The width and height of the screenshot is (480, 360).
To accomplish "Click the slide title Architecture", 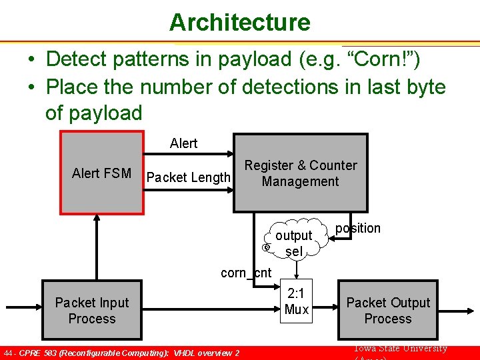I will coord(239,22).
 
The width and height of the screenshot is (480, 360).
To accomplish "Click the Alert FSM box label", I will coord(101,173).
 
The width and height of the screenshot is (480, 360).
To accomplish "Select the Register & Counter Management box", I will coord(300,173).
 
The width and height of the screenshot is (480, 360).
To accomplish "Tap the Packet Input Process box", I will coord(92,311).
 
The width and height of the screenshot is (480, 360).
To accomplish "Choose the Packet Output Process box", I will coord(387,311).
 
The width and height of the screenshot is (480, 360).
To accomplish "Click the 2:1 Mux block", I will coord(296,301).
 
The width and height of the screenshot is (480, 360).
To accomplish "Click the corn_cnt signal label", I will coord(246,272).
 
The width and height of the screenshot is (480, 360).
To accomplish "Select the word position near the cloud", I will coord(358,228).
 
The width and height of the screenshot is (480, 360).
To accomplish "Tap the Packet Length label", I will coord(188,177).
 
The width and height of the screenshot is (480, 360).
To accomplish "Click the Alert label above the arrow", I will coord(183,143).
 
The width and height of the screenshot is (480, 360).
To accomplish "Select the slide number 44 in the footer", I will coord(9,353).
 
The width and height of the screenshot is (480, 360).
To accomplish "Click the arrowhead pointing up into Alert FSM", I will coord(97,219).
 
